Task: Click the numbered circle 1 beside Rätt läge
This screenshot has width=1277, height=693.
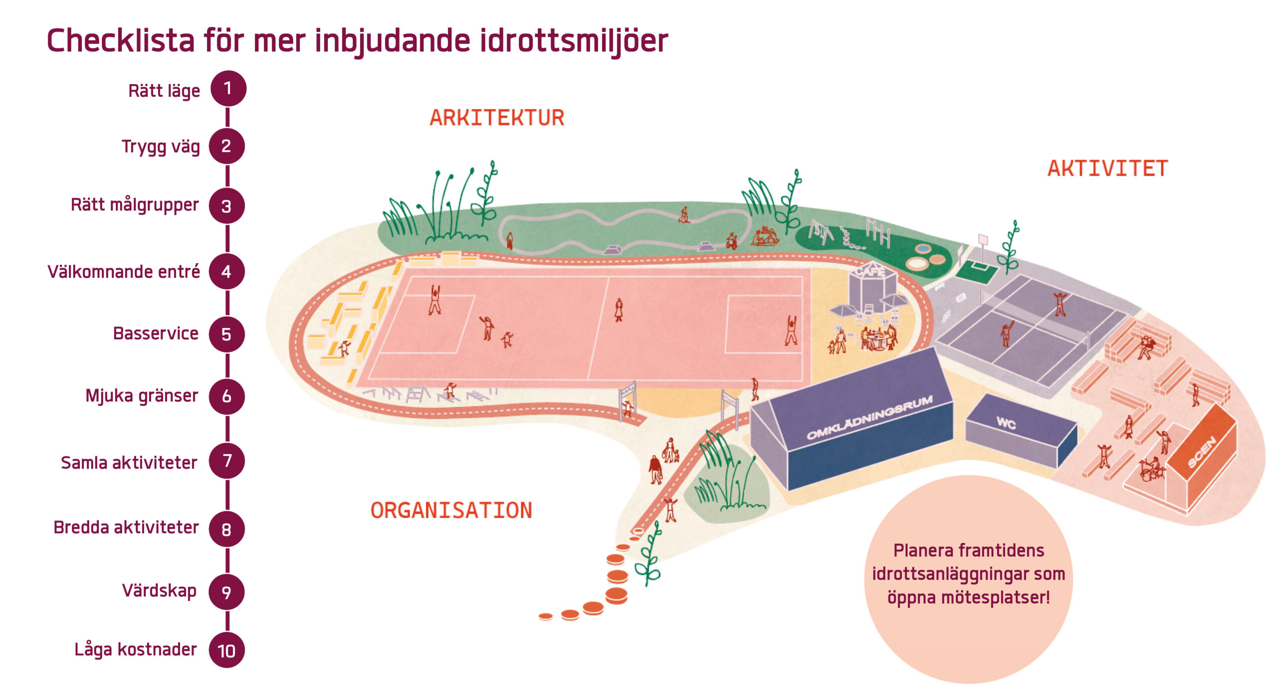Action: coord(228,89)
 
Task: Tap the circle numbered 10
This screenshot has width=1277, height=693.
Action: coord(226,650)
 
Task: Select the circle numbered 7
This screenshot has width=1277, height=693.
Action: coord(226,461)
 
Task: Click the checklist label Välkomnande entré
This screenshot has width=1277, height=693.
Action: coord(123,272)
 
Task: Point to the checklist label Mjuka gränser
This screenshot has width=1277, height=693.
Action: coord(142,396)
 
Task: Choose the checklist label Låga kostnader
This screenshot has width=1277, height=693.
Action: coord(135,650)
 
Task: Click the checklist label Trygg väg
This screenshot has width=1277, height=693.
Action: coord(161,147)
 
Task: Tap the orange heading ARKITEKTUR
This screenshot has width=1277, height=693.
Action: coord(497,118)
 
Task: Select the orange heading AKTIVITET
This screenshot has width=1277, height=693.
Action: coord(1107,169)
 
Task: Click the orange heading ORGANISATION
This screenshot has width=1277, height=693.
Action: coord(451,511)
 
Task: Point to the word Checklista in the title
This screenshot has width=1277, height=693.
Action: coord(120,41)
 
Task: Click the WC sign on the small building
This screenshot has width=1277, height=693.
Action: coord(1006,424)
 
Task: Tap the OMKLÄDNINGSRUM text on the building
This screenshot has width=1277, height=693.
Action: coord(869,418)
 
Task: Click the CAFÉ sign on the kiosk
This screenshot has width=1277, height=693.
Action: coord(870,272)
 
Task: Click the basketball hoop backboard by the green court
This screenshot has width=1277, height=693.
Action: coord(983,240)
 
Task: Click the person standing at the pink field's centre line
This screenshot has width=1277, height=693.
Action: coord(619,310)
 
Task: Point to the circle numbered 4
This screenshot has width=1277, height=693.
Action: coord(226,272)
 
